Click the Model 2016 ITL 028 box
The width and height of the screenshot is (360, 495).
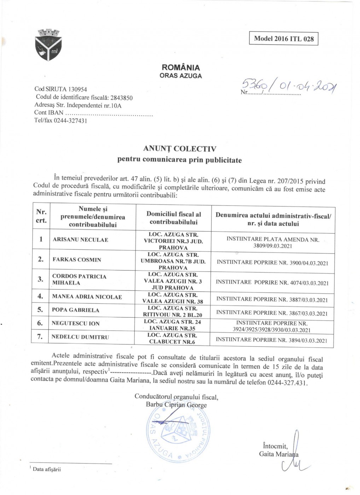(284, 39)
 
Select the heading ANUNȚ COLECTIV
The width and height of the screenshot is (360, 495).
(180, 149)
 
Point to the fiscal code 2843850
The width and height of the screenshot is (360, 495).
(122, 98)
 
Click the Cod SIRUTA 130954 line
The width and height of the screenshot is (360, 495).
(60, 89)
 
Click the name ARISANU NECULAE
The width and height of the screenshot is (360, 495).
(80, 240)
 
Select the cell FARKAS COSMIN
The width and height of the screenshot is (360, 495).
(77, 260)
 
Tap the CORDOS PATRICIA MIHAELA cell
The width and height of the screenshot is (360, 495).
(79, 279)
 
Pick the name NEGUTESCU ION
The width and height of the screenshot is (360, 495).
(76, 323)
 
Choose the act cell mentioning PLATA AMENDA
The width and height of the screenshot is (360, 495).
(273, 243)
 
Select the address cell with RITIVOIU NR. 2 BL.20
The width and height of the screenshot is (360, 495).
(173, 311)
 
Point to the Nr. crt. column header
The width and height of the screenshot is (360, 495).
(41, 216)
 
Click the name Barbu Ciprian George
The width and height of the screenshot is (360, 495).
(176, 405)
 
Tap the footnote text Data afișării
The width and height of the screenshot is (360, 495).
(47, 469)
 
